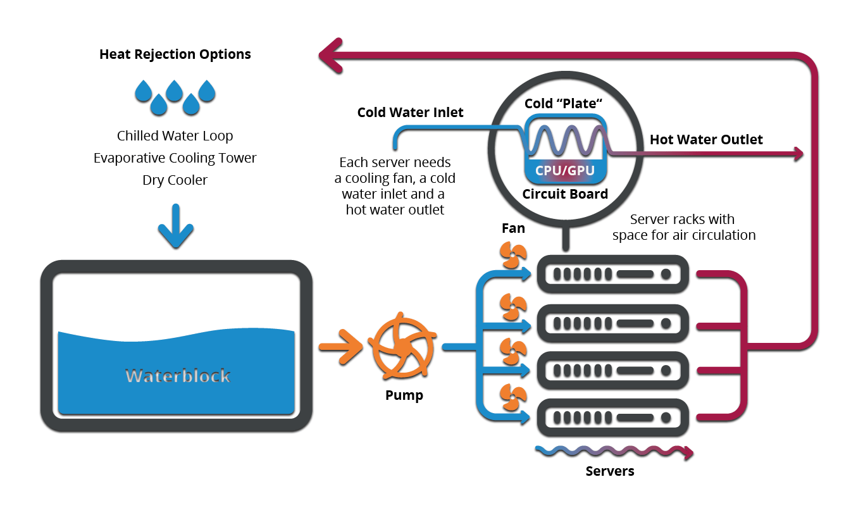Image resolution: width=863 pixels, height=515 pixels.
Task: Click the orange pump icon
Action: coord(402,346)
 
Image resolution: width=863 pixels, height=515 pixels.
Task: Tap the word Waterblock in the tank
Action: coord(178,376)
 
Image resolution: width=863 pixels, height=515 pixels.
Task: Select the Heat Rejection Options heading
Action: coord(175,54)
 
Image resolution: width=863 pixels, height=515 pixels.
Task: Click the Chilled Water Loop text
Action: coord(175,136)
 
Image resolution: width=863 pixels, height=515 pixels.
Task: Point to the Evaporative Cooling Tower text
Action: coord(175,158)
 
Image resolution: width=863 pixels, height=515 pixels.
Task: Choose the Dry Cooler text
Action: coord(175,180)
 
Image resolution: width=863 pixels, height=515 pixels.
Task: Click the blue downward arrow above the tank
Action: coord(175,226)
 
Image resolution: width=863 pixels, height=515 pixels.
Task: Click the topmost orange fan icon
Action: coord(513,256)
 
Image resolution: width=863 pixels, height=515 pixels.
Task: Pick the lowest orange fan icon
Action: coord(513,396)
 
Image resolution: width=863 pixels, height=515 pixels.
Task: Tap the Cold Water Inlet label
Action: coord(410,113)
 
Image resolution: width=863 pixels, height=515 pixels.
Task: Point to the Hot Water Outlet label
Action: coord(706,140)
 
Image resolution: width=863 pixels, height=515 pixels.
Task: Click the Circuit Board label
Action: coord(565,194)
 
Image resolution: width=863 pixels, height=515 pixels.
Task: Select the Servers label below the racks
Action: coord(610,471)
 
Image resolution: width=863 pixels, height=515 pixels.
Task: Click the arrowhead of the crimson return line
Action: coord(330,54)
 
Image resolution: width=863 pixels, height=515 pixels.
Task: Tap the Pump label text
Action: coord(404,396)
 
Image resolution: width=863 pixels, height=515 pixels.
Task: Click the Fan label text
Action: coord(513,228)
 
